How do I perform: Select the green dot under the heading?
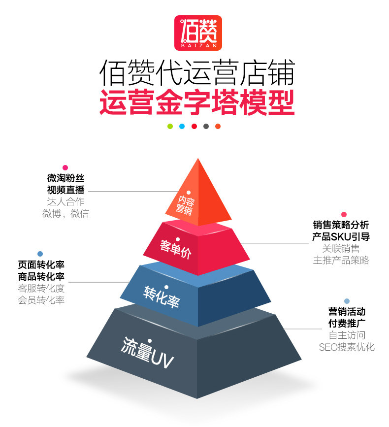click(170, 126)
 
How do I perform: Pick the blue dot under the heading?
click(182, 126)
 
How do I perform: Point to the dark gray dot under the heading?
click(206, 126)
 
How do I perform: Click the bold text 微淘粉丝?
click(65, 178)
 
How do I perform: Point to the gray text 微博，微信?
click(65, 214)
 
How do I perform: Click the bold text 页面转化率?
click(41, 264)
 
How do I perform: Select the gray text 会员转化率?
click(41, 300)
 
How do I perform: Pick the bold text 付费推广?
click(347, 324)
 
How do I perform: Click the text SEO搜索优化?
click(347, 347)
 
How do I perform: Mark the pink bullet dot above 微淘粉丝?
click(65, 167)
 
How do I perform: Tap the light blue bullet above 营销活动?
click(347, 301)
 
